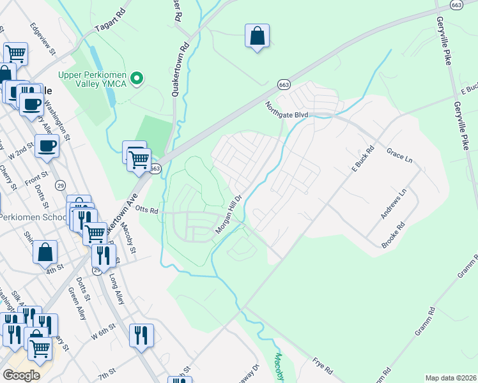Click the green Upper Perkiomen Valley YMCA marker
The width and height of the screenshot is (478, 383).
coord(136,79)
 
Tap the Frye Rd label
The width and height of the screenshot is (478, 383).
coord(323,365)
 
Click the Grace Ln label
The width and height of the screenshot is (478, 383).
coord(401,155)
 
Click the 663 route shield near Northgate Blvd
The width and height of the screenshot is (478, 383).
coord(284,84)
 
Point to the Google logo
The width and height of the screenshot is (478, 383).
coord(21,375)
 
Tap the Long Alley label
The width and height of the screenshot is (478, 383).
coord(117,287)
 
